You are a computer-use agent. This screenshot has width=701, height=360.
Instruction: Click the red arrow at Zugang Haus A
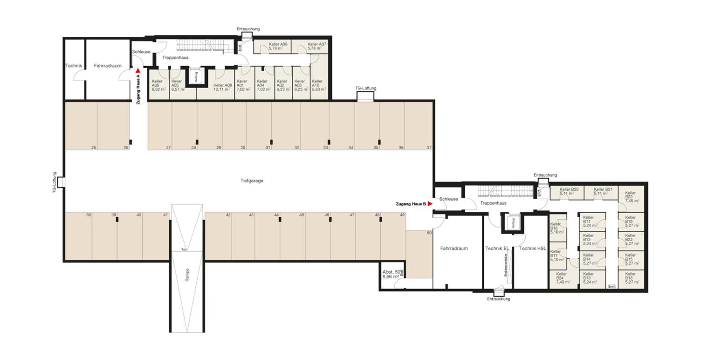pos(138,70)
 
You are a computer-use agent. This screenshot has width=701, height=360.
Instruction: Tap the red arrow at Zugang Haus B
pos(431,204)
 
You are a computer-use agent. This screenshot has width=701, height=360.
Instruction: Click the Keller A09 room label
pos(222,87)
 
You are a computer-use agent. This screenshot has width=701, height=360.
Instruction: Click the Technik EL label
pos(497,249)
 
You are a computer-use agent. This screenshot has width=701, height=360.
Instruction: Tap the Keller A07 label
pos(317,46)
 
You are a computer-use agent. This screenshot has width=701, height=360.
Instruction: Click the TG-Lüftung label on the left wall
pos(55,182)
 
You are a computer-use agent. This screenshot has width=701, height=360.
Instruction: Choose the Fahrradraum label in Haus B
pos(454,249)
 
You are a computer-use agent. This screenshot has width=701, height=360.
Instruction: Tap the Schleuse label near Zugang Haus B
pos(449,199)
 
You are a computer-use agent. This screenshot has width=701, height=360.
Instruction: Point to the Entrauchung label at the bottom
pos(499,299)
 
